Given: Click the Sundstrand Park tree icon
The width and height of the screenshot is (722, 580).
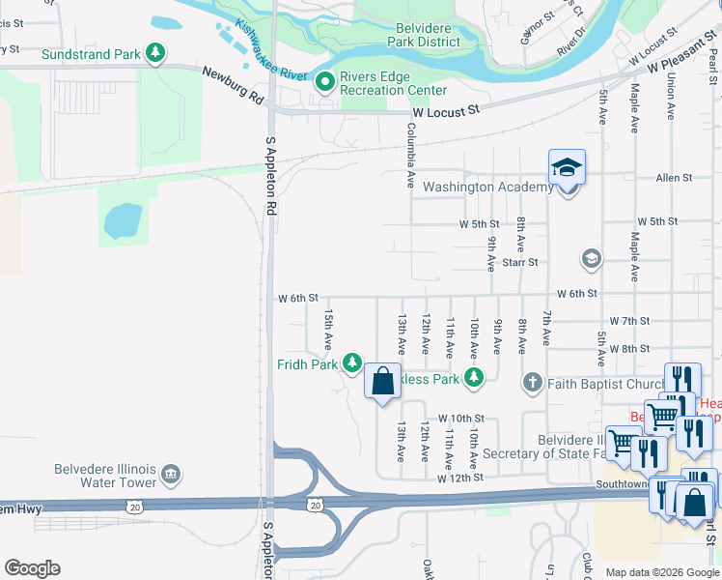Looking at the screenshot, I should (154, 54).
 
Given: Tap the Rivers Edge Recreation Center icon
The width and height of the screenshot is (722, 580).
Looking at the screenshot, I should (325, 83).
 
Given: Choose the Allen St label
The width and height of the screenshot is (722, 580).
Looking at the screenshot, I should (674, 178).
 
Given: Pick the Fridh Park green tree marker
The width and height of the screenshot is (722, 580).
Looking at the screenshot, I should (353, 363).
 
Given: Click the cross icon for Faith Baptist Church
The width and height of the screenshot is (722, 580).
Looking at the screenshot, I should (532, 383).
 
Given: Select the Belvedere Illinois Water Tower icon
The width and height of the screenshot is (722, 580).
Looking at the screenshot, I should (171, 474).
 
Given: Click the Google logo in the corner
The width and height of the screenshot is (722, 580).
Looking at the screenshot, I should (32, 568).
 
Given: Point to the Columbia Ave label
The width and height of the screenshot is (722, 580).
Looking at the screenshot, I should (410, 155).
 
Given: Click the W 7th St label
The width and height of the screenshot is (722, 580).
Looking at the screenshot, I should (629, 320).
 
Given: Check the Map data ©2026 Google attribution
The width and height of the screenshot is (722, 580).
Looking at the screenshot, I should (661, 572).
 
